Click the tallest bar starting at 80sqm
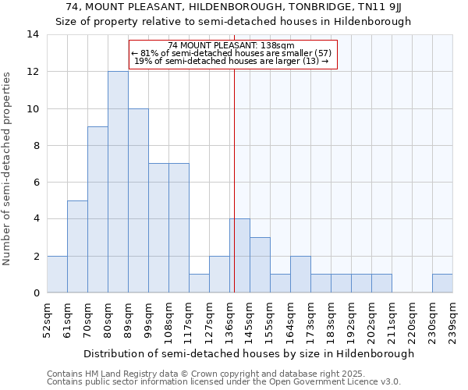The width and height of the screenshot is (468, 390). pyautogui.click(x=118, y=182)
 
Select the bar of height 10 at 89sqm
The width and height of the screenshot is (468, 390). pyautogui.click(x=138, y=200)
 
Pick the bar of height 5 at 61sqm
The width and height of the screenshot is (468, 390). pyautogui.click(x=77, y=246)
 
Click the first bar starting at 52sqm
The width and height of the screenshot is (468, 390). pyautogui.click(x=57, y=274)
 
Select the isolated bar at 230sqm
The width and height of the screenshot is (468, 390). pyautogui.click(x=442, y=283)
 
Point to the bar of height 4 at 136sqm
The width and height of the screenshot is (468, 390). pyautogui.click(x=239, y=256)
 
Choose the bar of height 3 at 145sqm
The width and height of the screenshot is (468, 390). pyautogui.click(x=260, y=264)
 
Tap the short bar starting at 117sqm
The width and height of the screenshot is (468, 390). pyautogui.click(x=199, y=283)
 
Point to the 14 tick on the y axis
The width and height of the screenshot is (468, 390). pyautogui.click(x=32, y=34)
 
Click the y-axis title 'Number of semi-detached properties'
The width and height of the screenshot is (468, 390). pyautogui.click(x=8, y=168)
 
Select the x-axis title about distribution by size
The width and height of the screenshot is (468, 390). pyautogui.click(x=249, y=353)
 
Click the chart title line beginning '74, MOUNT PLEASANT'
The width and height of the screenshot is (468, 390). pyautogui.click(x=233, y=7)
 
